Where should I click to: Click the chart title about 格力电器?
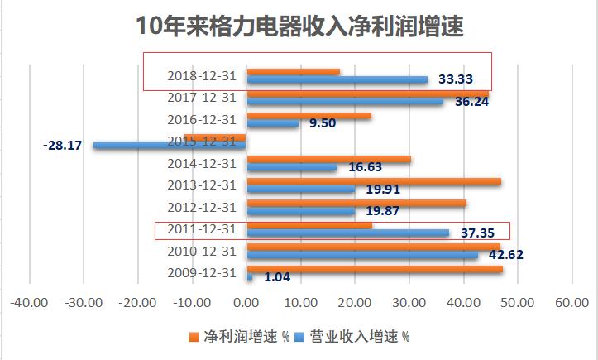pyautogui.click(x=299, y=26)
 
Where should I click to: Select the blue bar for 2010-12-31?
pyautogui.click(x=362, y=255)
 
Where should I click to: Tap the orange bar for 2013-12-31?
pyautogui.click(x=374, y=180)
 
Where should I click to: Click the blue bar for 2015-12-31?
pyautogui.click(x=170, y=145)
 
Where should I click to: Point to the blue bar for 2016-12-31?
pyautogui.click(x=272, y=123)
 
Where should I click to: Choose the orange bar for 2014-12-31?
pyautogui.click(x=328, y=159)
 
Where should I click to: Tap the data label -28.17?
pyautogui.click(x=64, y=145)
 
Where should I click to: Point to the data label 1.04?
pyautogui.click(x=278, y=277)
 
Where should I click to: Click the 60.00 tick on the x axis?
pyautogui.click(x=572, y=303)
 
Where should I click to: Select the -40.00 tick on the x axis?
pyautogui.click(x=29, y=303)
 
